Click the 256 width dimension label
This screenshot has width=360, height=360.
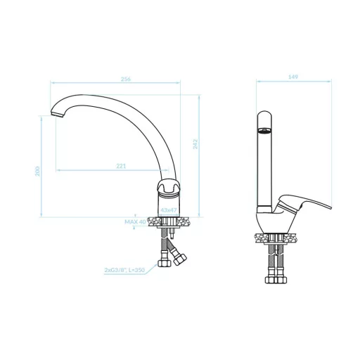coord(126,79)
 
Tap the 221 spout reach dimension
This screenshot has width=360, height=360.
coord(121,166)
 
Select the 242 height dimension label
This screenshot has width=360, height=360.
coord(195,144)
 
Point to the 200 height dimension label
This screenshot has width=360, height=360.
coord(37,172)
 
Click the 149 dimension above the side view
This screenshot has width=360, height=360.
coord(293,77)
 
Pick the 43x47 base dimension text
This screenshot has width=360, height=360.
coord(168,210)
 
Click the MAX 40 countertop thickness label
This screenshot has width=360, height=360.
coord(135,221)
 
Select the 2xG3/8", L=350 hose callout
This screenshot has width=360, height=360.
coord(124,270)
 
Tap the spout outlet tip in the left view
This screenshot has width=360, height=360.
coord(57,115)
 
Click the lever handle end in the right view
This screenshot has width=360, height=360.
coord(330,207)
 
